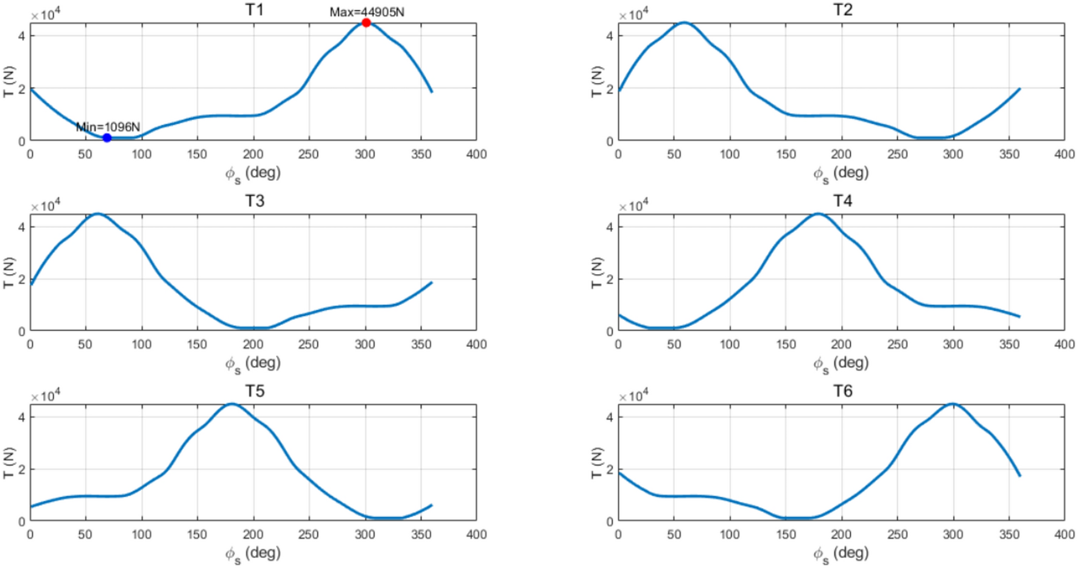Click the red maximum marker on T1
click(366, 23)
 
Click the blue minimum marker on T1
click(107, 138)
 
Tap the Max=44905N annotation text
click(367, 12)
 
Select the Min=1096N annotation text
click(108, 127)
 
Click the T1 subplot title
click(255, 10)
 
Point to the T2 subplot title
click(842, 10)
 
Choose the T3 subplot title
click(255, 200)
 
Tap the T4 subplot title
click(842, 200)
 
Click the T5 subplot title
click(255, 391)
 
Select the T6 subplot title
click(842, 391)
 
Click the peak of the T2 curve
click(685, 23)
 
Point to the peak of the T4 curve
click(819, 214)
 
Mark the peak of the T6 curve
click(953, 404)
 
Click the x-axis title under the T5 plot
click(253, 553)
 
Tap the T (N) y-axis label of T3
click(9, 273)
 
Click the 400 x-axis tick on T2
click(1064, 154)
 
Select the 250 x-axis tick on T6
click(897, 534)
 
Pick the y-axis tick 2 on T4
click(610, 279)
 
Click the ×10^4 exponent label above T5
click(45, 396)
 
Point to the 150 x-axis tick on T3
click(197, 344)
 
